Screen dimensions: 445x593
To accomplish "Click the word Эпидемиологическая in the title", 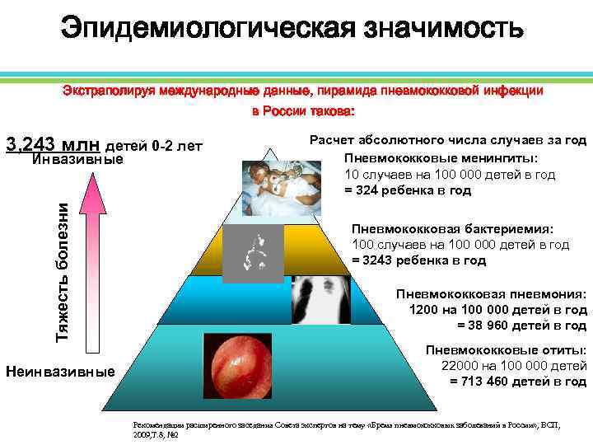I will pyautogui.click(x=206, y=30).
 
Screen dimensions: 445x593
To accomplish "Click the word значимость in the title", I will pyautogui.click(x=441, y=30).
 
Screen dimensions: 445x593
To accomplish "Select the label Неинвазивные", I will pyautogui.click(x=60, y=372).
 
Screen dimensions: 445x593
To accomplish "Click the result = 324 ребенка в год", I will pyautogui.click(x=408, y=190).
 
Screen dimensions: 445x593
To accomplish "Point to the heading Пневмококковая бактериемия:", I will pyautogui.click(x=452, y=229).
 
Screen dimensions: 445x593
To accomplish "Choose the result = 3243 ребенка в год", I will pyautogui.click(x=419, y=260).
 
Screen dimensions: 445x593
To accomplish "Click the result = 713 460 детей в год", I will pyautogui.click(x=517, y=382).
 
